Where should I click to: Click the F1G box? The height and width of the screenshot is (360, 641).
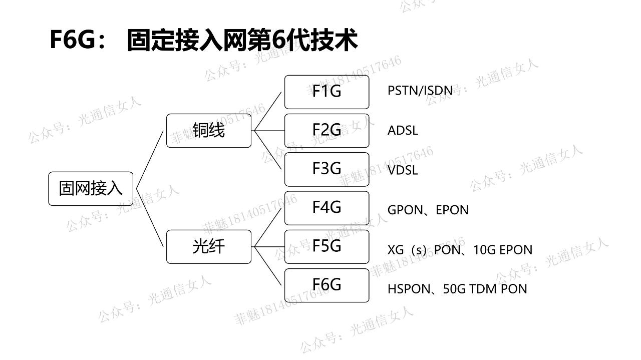[x=327, y=92]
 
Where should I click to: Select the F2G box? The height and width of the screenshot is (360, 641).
[x=327, y=130]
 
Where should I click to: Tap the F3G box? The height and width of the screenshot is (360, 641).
[x=327, y=169]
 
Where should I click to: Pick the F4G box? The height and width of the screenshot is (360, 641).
[x=327, y=208]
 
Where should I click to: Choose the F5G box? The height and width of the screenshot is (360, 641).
[x=327, y=246]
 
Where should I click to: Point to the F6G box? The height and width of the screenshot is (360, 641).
[x=327, y=285]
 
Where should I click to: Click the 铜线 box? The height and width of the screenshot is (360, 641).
[x=208, y=130]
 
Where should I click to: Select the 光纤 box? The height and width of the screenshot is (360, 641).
[x=208, y=246]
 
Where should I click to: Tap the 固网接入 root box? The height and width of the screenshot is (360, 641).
[x=91, y=189]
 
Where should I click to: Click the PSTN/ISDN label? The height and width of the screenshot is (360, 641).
[x=420, y=91]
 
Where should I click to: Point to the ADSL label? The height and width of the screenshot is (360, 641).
[x=403, y=131]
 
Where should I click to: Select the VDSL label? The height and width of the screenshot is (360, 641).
[x=403, y=170]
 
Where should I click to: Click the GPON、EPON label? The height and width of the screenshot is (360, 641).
[x=428, y=210]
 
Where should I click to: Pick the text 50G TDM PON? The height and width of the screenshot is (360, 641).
[x=485, y=289]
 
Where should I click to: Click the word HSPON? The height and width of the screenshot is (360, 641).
[x=409, y=289]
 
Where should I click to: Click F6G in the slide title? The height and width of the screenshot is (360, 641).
[x=72, y=40]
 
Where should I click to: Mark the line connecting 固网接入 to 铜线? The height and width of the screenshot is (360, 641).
[x=150, y=160]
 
